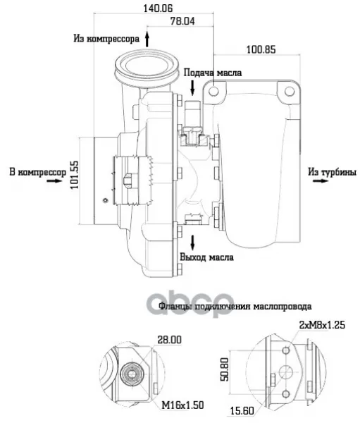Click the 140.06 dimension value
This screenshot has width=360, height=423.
(x=158, y=8)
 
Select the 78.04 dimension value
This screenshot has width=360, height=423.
(x=182, y=21)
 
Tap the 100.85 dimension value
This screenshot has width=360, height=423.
(x=261, y=49)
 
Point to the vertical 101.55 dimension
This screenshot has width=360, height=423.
(x=75, y=175)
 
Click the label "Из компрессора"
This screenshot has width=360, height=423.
(x=106, y=39)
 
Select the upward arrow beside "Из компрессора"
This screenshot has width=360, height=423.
(x=147, y=39)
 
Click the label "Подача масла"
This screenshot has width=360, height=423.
(x=213, y=73)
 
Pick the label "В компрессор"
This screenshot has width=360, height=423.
(x=38, y=173)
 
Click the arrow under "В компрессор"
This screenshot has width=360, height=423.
(x=54, y=180)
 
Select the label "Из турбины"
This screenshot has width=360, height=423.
(x=333, y=172)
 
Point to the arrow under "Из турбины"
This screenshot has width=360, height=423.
(x=321, y=180)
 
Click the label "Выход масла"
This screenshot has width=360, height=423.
(x=207, y=257)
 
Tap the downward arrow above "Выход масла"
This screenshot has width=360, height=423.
(x=192, y=242)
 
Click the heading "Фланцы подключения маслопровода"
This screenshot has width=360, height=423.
(x=235, y=307)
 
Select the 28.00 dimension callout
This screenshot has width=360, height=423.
(x=169, y=340)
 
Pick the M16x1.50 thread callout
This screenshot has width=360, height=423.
(x=182, y=405)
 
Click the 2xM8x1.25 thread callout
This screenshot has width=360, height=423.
(x=322, y=325)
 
